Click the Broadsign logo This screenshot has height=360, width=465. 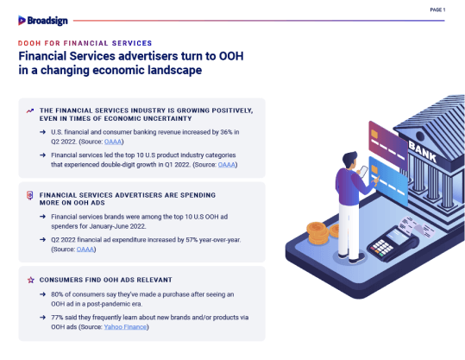tap(43, 21)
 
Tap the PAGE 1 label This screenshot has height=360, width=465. tap(437, 9)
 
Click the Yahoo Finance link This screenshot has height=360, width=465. tap(125, 326)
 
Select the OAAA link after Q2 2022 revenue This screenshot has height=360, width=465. tap(113, 142)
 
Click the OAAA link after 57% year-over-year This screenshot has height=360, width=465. tap(85, 249)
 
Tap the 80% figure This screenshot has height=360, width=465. tap(57, 294)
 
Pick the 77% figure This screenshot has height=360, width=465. tap(57, 318)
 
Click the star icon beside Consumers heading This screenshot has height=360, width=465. tap(31, 280)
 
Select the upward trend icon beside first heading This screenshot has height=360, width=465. tap(30, 111)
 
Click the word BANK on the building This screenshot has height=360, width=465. tap(423, 151)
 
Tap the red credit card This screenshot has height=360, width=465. tap(388, 144)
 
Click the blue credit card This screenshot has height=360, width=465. tap(388, 181)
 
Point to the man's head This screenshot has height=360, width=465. tap(350, 160)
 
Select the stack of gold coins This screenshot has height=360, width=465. tap(317, 233)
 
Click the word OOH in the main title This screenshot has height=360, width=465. tap(231, 56)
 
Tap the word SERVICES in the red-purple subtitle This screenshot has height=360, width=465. tap(132, 43)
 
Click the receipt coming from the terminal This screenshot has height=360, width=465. tap(417, 227)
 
